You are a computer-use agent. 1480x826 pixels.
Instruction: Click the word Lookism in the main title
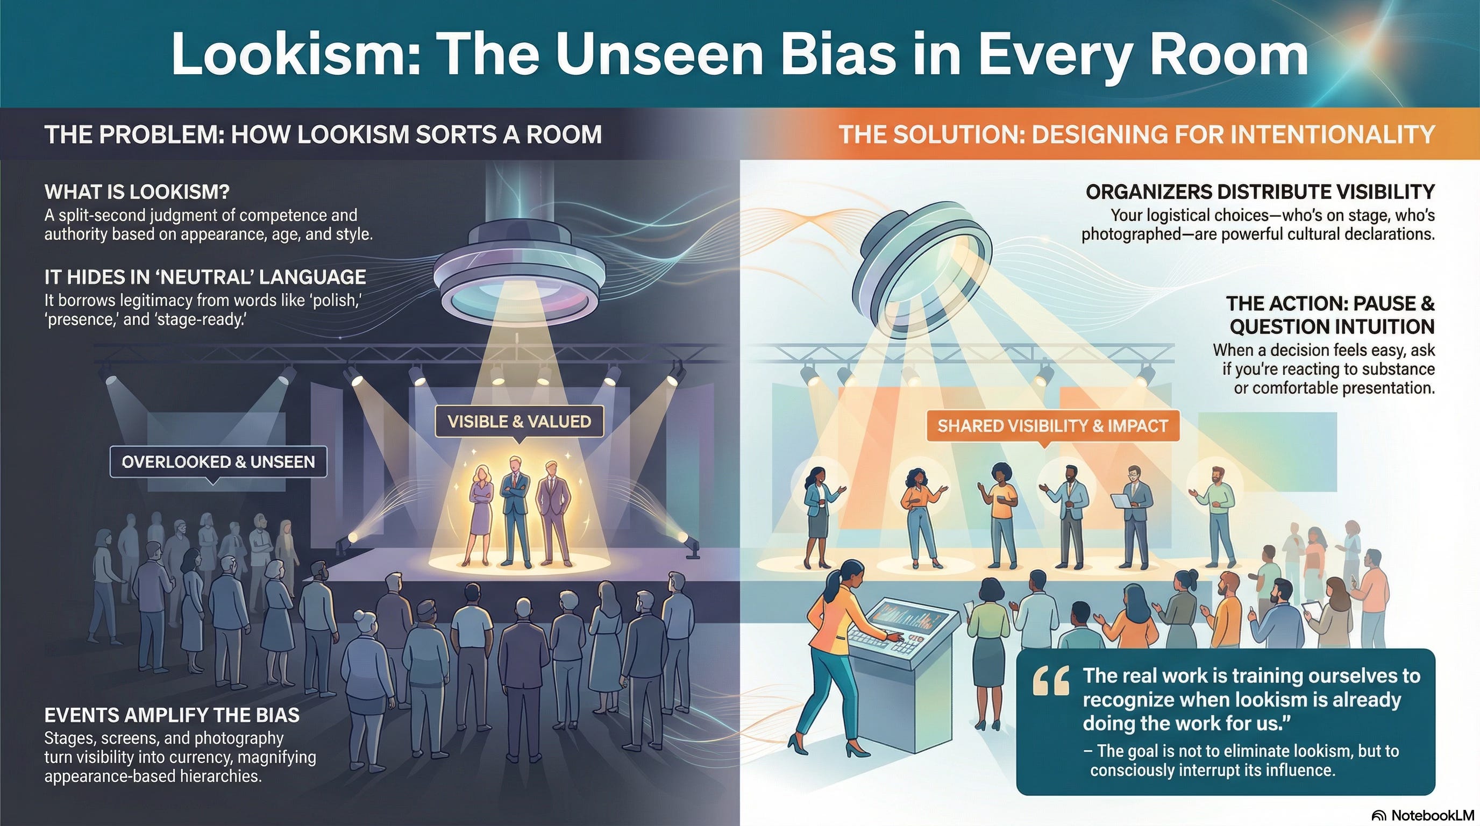[x=296, y=54]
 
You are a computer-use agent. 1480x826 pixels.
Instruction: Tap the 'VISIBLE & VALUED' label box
[x=519, y=422]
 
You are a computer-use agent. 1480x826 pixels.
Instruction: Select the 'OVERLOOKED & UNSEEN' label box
[x=218, y=462]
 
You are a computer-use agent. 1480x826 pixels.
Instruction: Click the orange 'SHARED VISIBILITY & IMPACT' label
[x=1052, y=425]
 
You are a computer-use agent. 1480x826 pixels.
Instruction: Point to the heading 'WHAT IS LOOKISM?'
[x=137, y=191]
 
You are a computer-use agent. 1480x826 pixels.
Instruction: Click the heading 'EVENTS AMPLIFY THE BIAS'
[x=172, y=715]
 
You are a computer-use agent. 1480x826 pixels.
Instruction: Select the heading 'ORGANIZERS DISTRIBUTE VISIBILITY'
[x=1260, y=191]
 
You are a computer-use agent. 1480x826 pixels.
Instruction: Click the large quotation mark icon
[x=1050, y=681]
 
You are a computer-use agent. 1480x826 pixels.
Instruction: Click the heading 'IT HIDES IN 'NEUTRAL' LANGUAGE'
[x=205, y=277]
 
